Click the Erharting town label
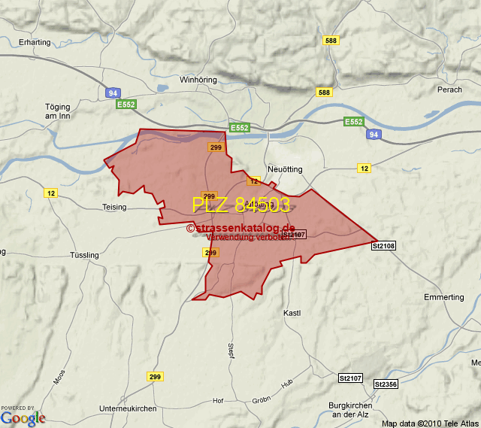(x=35, y=42)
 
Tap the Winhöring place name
(x=198, y=79)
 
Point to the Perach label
(x=449, y=90)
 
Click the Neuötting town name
(x=285, y=169)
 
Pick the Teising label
(x=115, y=207)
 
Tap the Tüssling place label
(x=83, y=255)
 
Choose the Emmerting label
(x=444, y=297)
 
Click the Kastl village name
(x=292, y=312)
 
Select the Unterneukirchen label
(x=128, y=408)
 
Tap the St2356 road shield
(x=385, y=384)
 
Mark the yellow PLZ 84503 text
(x=240, y=205)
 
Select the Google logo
(x=23, y=417)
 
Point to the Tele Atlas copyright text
(x=430, y=423)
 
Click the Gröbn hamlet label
(x=261, y=399)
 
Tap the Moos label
(x=59, y=376)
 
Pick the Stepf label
(x=231, y=351)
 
